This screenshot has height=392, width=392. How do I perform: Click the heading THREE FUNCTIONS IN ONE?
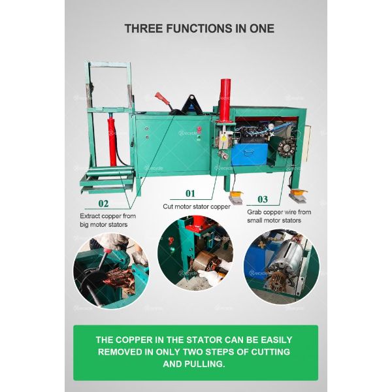[x=199, y=29]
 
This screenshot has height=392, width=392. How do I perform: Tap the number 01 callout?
[x=190, y=193]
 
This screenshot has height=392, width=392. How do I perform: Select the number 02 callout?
[x=103, y=204]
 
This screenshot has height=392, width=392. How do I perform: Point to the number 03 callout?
[x=263, y=199]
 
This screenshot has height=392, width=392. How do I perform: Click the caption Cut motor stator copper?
[x=197, y=206]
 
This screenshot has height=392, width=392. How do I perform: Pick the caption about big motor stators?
[x=108, y=220]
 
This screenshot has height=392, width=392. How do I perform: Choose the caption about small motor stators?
[x=279, y=216]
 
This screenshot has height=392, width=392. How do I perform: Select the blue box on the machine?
[x=249, y=154]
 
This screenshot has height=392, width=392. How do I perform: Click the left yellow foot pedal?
[x=236, y=195]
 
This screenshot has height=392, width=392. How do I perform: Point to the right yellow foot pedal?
[x=299, y=194]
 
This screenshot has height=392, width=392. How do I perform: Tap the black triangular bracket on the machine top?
[x=191, y=103]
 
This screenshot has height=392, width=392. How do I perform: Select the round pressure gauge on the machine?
[x=270, y=127]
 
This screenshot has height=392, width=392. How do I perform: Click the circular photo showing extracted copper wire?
[x=111, y=271]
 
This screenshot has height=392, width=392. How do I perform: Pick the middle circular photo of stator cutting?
[x=195, y=253]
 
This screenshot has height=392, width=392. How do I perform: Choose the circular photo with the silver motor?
[x=282, y=267]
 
